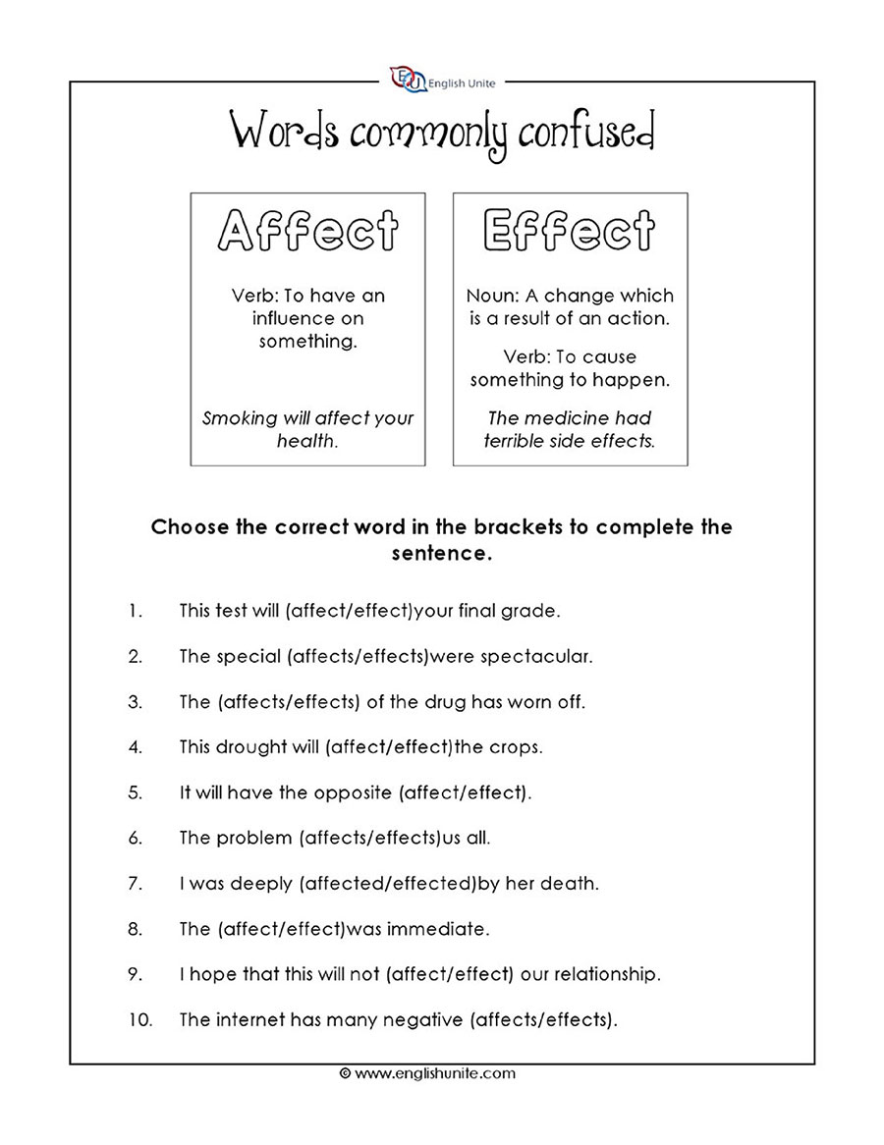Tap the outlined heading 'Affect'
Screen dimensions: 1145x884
[307, 232]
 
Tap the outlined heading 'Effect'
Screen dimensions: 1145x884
[570, 232]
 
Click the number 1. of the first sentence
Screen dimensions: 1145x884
[135, 611]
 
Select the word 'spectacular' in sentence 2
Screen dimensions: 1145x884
[536, 656]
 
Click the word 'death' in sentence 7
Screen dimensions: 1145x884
[573, 884]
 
